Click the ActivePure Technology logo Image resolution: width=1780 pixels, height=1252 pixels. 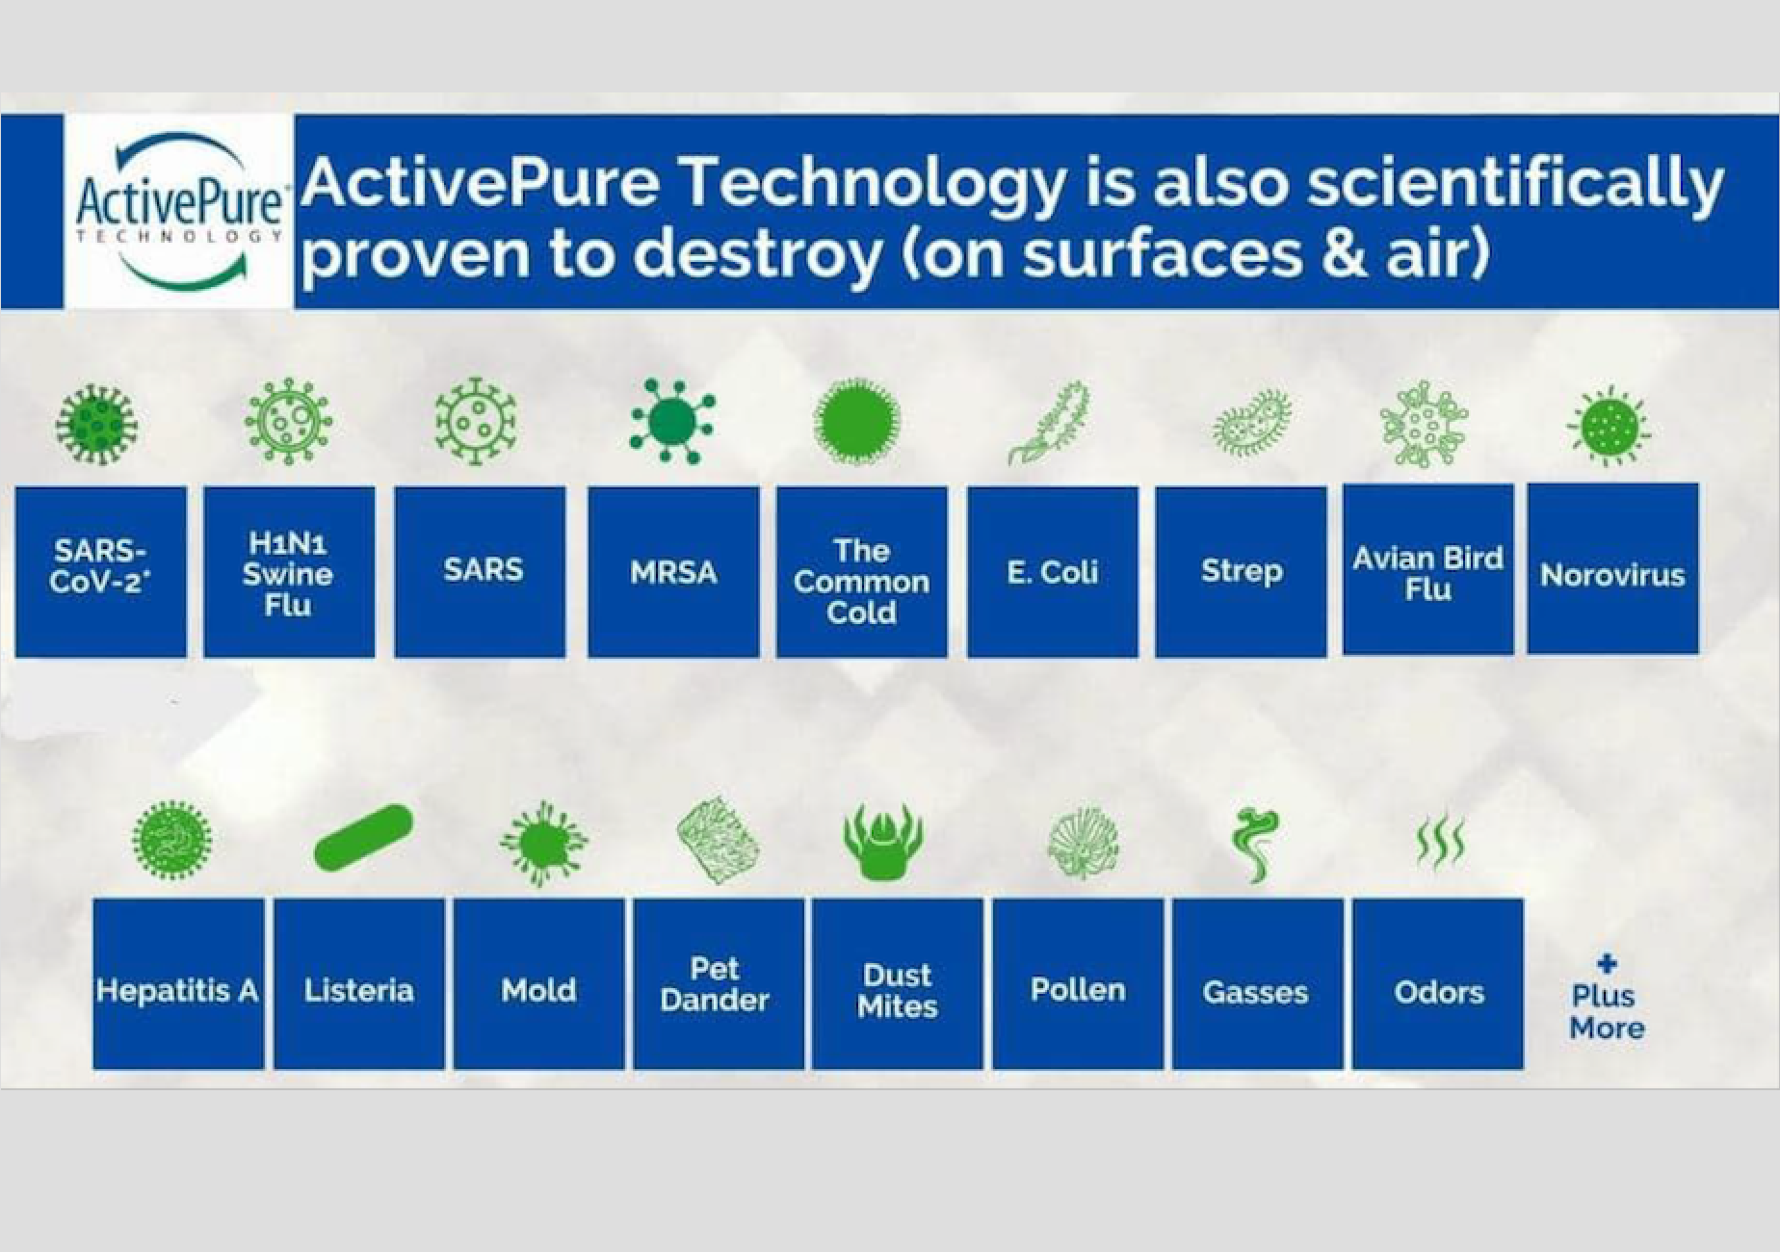click(x=179, y=211)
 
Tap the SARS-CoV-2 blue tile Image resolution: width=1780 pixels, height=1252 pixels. click(x=101, y=572)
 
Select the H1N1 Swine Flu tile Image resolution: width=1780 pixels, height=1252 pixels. click(x=289, y=572)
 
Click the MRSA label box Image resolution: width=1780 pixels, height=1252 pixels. click(x=673, y=572)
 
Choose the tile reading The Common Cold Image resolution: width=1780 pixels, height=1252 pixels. click(x=862, y=572)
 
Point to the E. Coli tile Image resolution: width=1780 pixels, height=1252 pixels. click(x=1053, y=572)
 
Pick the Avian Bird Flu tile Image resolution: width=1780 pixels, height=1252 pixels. click(x=1428, y=570)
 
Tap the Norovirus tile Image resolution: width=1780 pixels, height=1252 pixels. click(x=1613, y=569)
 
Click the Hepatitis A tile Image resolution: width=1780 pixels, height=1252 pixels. click(x=178, y=984)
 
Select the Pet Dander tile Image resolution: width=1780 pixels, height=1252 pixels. click(x=719, y=984)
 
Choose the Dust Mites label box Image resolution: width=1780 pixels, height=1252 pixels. click(x=898, y=984)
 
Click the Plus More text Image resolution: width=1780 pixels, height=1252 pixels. click(x=1607, y=1011)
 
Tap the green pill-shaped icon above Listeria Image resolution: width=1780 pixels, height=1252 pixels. click(x=364, y=837)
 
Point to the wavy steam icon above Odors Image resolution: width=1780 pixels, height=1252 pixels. click(x=1441, y=842)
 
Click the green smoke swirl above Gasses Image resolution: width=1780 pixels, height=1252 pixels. click(x=1256, y=844)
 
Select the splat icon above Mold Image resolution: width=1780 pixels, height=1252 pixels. click(x=543, y=843)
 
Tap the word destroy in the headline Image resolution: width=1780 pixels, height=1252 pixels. click(x=757, y=255)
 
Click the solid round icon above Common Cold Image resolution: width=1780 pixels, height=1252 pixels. click(x=856, y=422)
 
